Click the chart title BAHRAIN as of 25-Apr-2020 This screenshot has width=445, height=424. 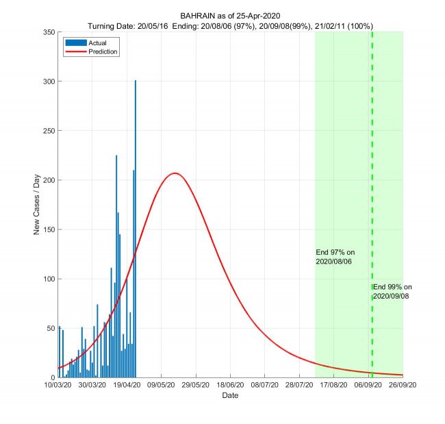point(230,16)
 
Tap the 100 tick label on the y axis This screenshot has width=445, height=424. point(48,279)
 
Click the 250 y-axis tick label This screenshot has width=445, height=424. point(48,131)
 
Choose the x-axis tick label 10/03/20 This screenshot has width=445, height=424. point(58,386)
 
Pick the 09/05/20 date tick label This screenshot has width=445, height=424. point(161,386)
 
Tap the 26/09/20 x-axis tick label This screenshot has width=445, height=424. point(403,386)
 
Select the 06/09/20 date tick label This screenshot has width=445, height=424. point(368,386)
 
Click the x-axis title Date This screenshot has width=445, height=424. point(230,396)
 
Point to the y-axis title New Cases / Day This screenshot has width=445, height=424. point(37,204)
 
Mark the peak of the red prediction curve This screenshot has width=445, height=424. point(175,173)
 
